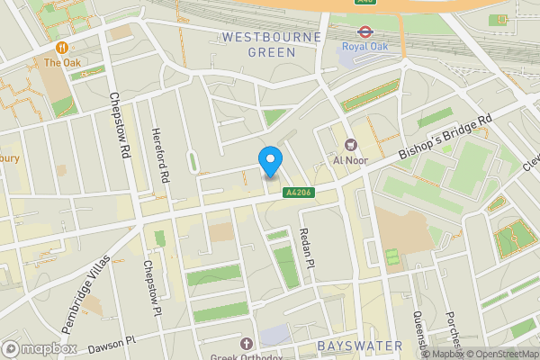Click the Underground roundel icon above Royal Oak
pos(364,25)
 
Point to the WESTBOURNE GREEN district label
pos(259,45)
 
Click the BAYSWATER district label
pos(352,346)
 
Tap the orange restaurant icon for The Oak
pos(62,47)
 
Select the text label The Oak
pos(62,63)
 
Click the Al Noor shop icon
pos(351,144)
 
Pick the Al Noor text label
pos(351,160)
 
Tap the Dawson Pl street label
pos(112,342)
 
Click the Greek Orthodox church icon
pos(247,343)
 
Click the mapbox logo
pos(40,348)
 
